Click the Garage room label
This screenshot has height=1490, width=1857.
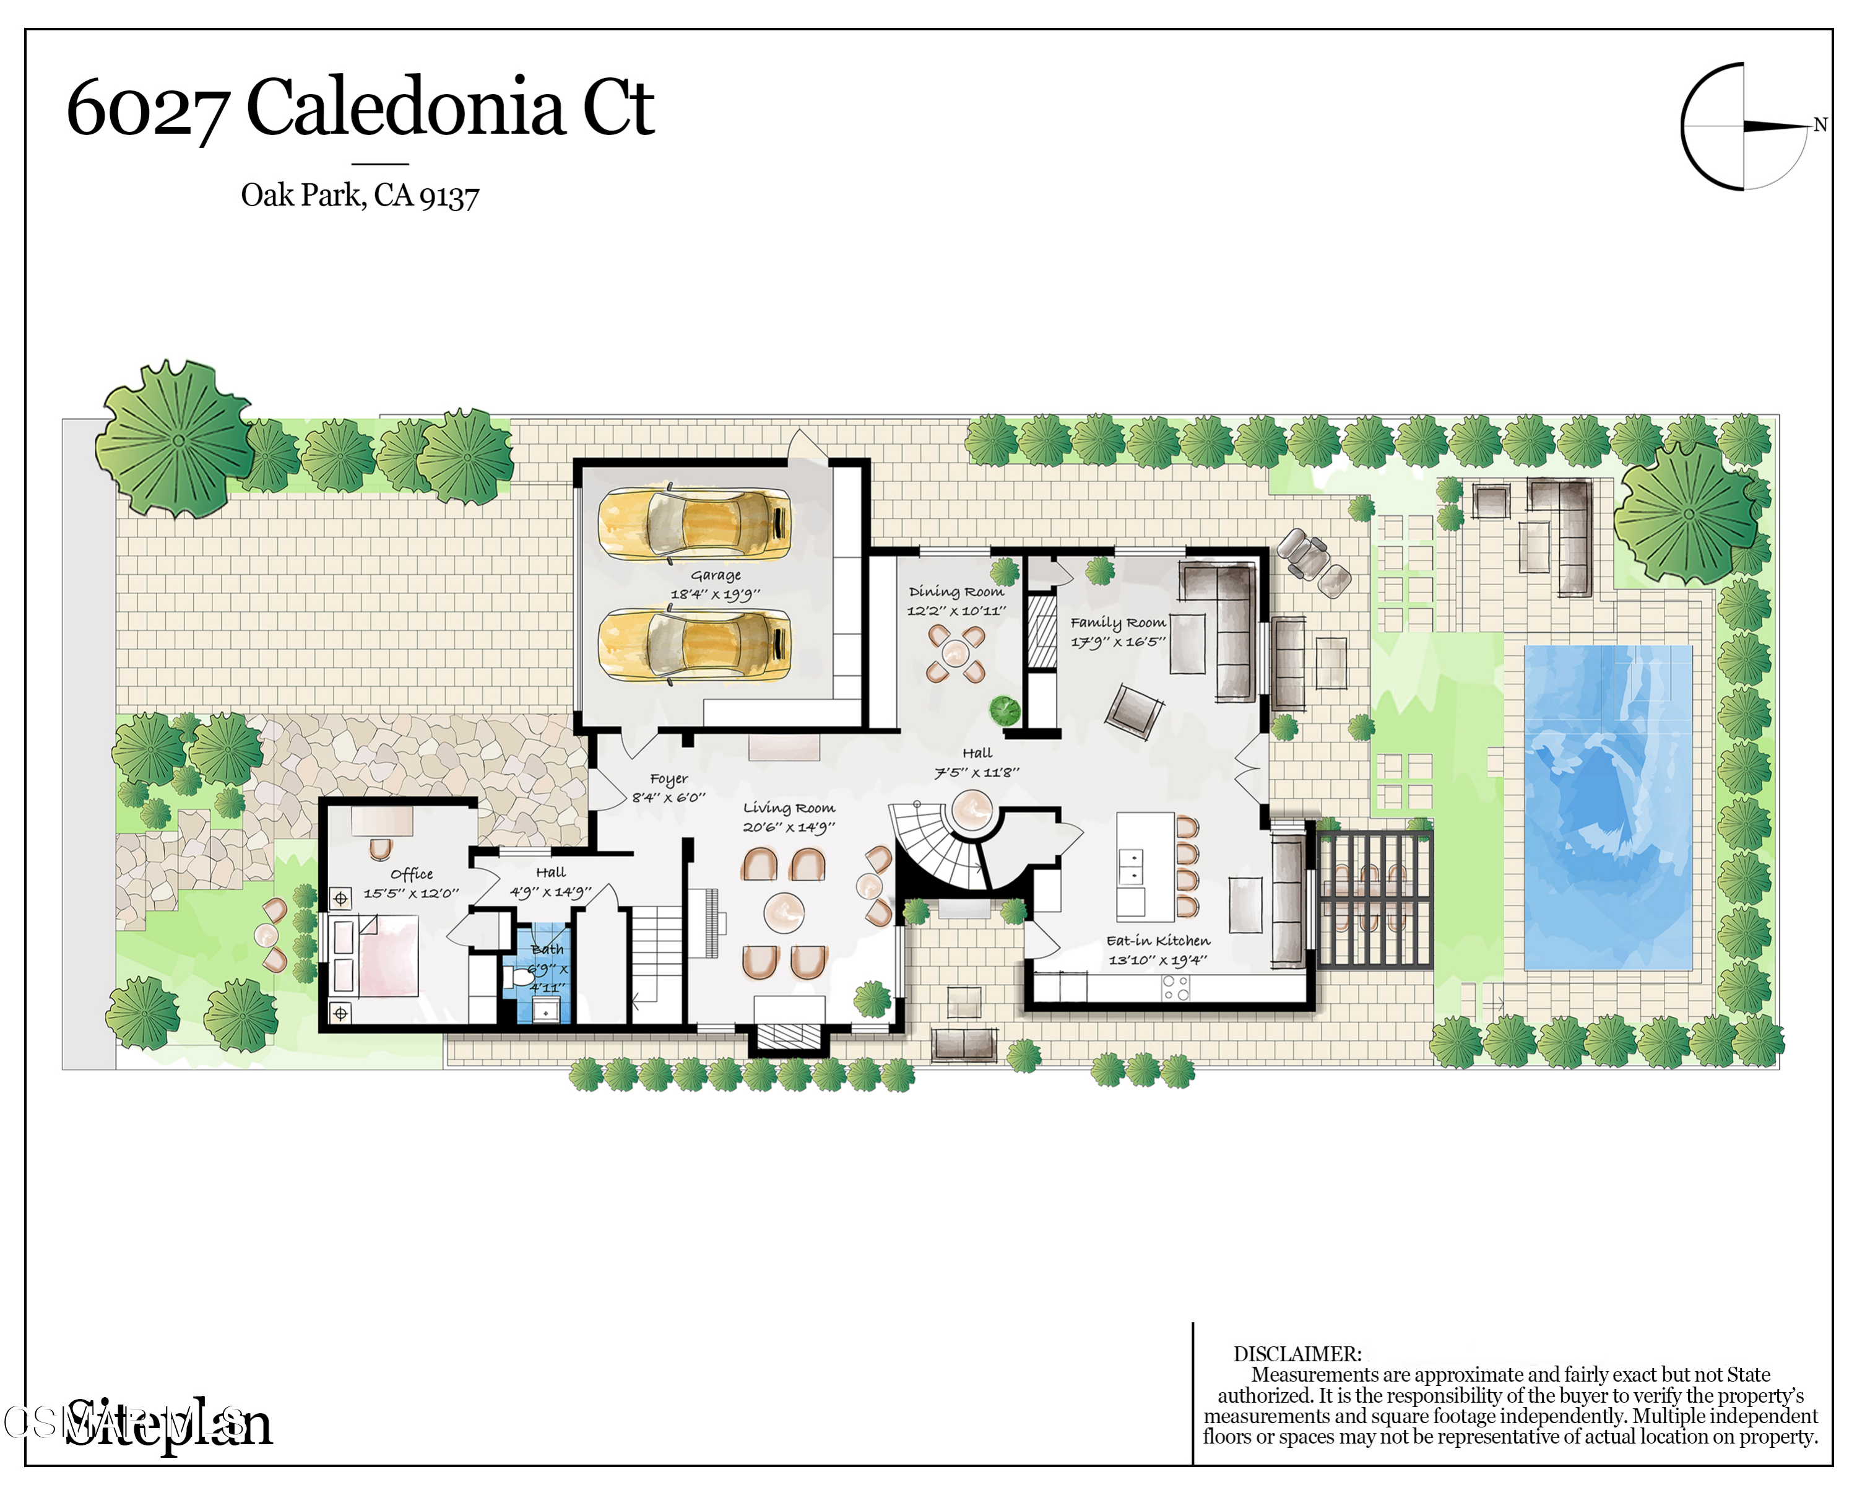tap(715, 575)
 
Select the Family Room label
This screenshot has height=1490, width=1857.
tap(1117, 622)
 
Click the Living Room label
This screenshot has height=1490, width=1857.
tap(788, 808)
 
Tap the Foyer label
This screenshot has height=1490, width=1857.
tap(669, 778)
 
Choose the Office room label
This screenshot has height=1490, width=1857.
tap(411, 874)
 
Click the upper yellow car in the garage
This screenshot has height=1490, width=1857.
tap(695, 523)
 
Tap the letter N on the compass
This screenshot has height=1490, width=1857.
tap(1820, 125)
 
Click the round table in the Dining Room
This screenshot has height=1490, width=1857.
tap(955, 653)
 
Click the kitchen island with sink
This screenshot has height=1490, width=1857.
tap(1144, 865)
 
